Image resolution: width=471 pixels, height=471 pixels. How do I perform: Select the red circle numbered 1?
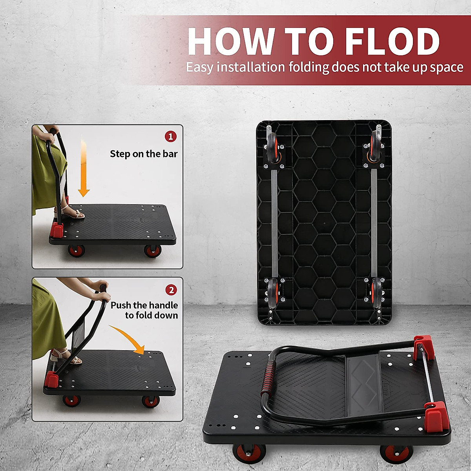(170, 137)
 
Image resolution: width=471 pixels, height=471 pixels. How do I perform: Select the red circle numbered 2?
(171, 290)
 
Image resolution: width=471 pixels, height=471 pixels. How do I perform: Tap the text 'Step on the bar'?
(144, 154)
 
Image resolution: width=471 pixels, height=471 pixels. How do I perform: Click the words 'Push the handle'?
(144, 305)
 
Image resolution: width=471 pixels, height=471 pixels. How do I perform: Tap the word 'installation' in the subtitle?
(251, 68)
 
